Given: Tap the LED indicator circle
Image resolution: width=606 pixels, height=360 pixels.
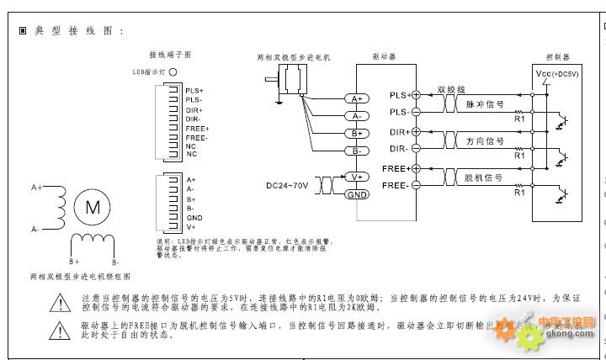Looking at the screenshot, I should pyautogui.click(x=173, y=73).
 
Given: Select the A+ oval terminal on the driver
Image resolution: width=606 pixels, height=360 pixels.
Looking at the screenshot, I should pyautogui.click(x=357, y=99).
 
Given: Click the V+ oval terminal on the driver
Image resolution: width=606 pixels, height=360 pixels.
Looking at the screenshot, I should pyautogui.click(x=357, y=177).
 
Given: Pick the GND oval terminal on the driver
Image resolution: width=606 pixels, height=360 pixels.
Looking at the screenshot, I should pyautogui.click(x=357, y=194).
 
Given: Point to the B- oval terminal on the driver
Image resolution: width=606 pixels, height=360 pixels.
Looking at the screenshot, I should pyautogui.click(x=357, y=150).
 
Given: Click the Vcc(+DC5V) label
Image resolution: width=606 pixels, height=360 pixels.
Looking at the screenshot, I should pyautogui.click(x=557, y=75).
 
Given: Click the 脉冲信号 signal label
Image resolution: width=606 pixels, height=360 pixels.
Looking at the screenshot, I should pyautogui.click(x=485, y=105).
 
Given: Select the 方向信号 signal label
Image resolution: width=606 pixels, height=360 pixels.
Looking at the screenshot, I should pyautogui.click(x=485, y=141).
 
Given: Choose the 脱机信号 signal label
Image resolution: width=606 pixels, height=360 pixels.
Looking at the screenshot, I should pyautogui.click(x=484, y=177).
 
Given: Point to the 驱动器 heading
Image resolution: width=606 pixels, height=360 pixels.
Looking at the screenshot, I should pyautogui.click(x=384, y=56).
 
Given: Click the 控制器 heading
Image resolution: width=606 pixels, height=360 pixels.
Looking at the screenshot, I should pyautogui.click(x=558, y=56).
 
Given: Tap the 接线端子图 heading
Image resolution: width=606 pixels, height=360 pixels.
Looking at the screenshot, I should pyautogui.click(x=171, y=54).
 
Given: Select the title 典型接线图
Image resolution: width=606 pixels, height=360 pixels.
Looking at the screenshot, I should pyautogui.click(x=77, y=31).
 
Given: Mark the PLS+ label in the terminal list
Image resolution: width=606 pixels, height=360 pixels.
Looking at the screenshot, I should pyautogui.click(x=195, y=90).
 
